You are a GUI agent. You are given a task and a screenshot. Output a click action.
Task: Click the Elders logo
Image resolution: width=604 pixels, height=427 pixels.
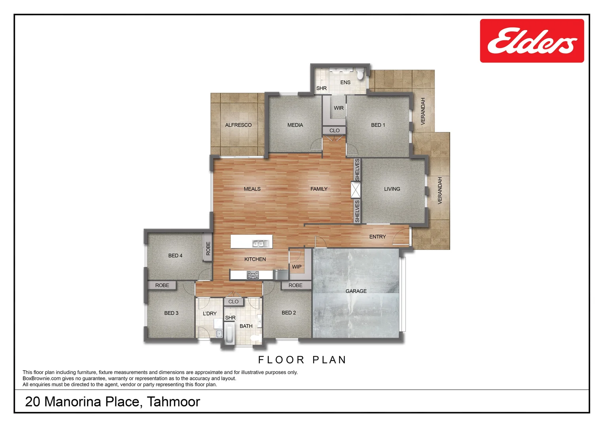pyautogui.click(x=532, y=41)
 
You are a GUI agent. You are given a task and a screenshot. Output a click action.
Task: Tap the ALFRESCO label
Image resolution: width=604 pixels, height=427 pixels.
pyautogui.click(x=238, y=125)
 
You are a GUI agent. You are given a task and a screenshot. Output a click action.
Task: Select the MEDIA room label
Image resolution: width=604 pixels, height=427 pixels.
pyautogui.click(x=295, y=125)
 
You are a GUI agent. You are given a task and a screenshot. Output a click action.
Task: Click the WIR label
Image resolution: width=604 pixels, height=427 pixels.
pyautogui.click(x=339, y=108)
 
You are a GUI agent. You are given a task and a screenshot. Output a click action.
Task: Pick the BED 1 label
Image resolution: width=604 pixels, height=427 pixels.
pyautogui.click(x=378, y=125)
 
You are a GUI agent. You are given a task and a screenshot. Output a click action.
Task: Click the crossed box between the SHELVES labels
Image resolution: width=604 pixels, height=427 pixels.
pyautogui.click(x=356, y=190)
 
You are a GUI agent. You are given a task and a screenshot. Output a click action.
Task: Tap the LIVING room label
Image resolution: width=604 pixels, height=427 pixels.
pyautogui.click(x=392, y=189)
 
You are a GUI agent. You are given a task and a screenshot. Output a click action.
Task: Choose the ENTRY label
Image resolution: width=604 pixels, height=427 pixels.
pyautogui.click(x=377, y=237)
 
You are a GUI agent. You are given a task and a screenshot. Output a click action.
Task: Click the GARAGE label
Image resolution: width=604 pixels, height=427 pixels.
pyautogui.click(x=356, y=291)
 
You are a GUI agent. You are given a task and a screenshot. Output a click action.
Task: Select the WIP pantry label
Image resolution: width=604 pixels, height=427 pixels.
pyautogui.click(x=296, y=267)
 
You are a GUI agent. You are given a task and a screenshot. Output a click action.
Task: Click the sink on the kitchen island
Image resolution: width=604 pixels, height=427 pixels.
pyautogui.click(x=260, y=243)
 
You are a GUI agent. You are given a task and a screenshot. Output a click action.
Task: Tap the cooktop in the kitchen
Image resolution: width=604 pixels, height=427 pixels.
pyautogui.click(x=253, y=275)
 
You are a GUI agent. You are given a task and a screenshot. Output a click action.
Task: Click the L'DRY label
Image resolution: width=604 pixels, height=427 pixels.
pyautogui.click(x=210, y=314)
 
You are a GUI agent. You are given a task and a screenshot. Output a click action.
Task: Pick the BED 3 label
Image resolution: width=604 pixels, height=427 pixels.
pyautogui.click(x=171, y=313)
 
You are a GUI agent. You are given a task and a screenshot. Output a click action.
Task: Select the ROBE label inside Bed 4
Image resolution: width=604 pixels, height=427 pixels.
pyautogui.click(x=208, y=248)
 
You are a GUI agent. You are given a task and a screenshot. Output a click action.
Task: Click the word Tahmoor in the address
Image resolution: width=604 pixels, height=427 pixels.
pyautogui.click(x=174, y=402)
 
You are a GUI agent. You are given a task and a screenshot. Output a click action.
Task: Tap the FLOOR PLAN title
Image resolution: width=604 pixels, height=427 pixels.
pyautogui.click(x=302, y=360)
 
